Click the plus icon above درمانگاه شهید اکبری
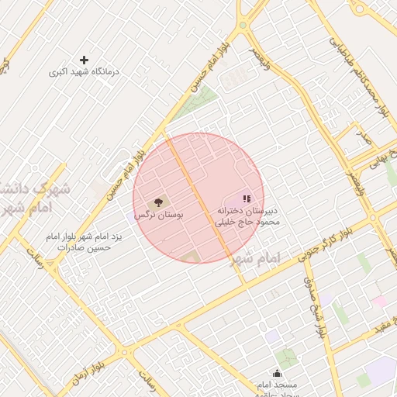click(85, 60)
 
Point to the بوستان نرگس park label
click(158, 214)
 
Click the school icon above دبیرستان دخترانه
click(247, 199)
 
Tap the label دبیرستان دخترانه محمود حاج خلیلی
click(246, 216)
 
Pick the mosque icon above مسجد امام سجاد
click(277, 373)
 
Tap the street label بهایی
click(377, 161)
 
